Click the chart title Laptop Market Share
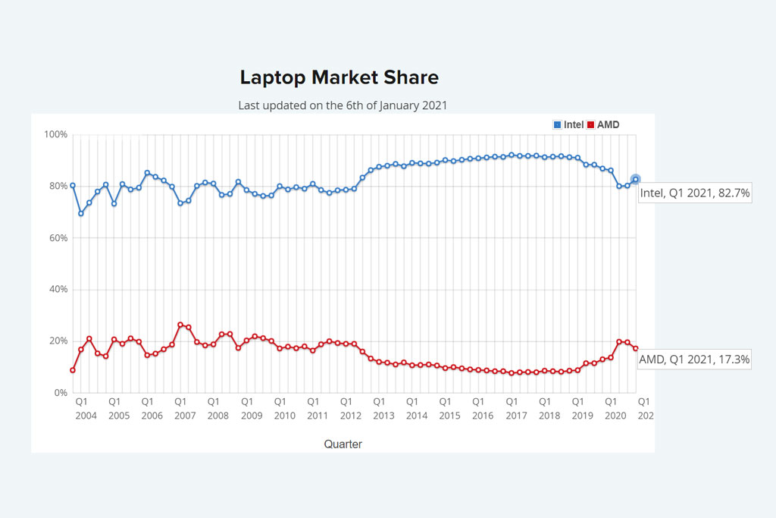[339, 77]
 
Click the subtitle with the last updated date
[343, 105]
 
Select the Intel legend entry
[569, 124]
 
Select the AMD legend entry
[603, 124]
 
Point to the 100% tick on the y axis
[55, 135]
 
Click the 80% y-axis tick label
[58, 187]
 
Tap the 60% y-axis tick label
[58, 238]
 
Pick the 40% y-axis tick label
[58, 290]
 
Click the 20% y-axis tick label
[58, 341]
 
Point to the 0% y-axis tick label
[60, 393]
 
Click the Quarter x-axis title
[343, 444]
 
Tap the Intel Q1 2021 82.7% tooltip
[695, 193]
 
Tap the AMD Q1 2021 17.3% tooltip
[694, 359]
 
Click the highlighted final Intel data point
[635, 180]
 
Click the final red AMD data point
[636, 348]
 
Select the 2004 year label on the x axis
[86, 416]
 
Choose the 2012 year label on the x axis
[351, 416]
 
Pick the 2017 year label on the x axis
[516, 416]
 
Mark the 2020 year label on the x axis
[615, 416]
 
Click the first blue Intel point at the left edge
[73, 185]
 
